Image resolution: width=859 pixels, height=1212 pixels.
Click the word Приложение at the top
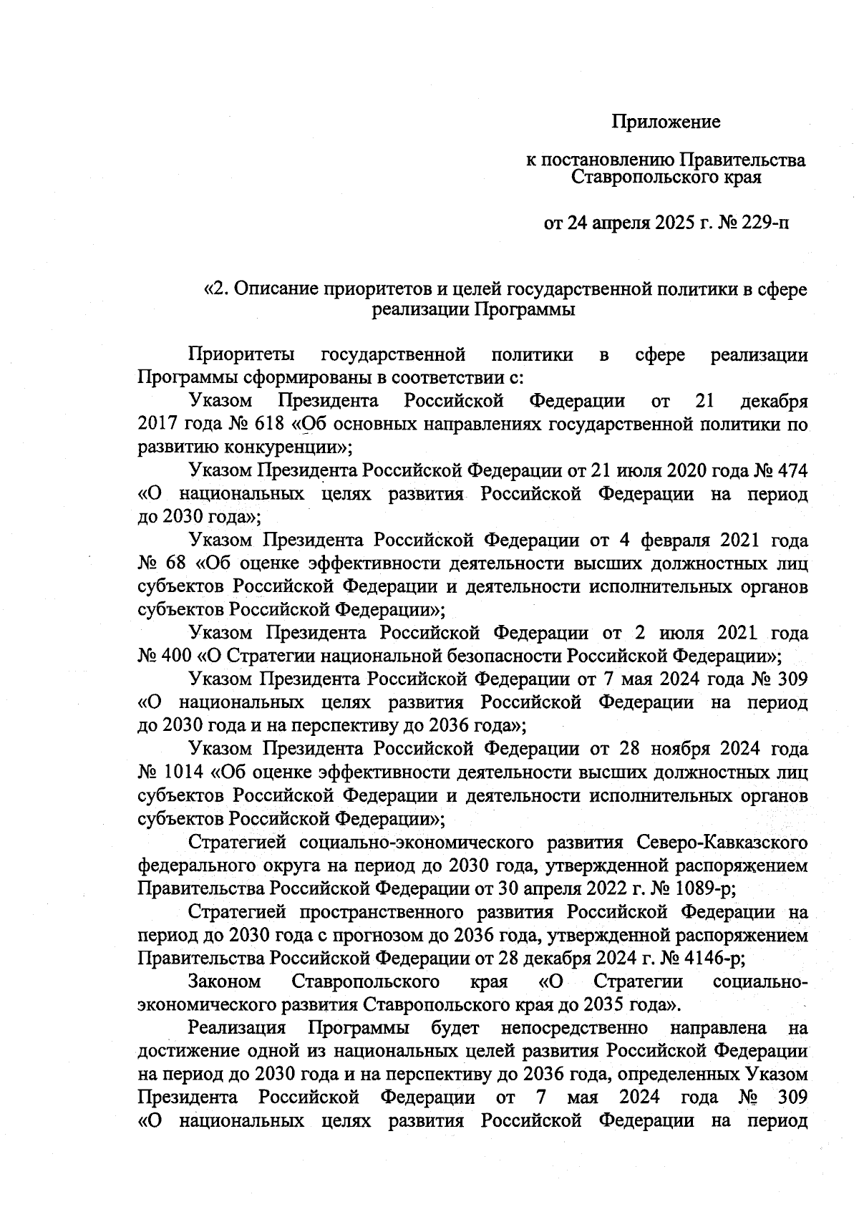coord(666,122)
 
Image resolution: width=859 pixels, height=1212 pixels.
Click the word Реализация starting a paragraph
coord(237,1028)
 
